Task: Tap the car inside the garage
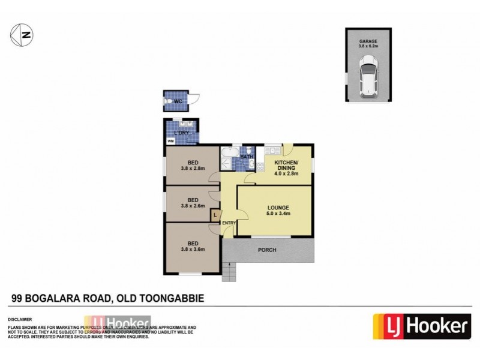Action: pyautogui.click(x=368, y=77)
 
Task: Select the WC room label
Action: pyautogui.click(x=178, y=101)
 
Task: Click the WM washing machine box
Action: pyautogui.click(x=170, y=141)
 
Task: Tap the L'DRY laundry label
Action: pyautogui.click(x=181, y=133)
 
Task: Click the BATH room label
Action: pyautogui.click(x=247, y=158)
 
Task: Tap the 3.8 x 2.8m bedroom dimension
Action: pyautogui.click(x=193, y=169)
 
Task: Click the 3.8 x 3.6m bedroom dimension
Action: pyautogui.click(x=193, y=248)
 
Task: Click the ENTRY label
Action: pyautogui.click(x=229, y=224)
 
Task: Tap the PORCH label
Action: pyautogui.click(x=268, y=250)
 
